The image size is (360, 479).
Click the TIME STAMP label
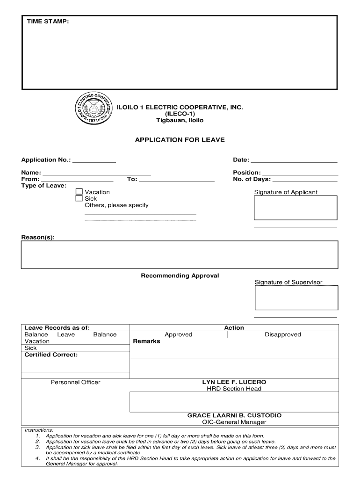click(47, 22)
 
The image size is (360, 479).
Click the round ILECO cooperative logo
click(94, 111)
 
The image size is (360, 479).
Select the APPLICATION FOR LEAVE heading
click(180, 140)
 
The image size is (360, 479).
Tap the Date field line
click(294, 161)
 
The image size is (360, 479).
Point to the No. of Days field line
click(305, 181)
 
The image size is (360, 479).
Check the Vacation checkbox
click(79, 192)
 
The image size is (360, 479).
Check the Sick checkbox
click(79, 198)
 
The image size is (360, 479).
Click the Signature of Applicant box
click(295, 208)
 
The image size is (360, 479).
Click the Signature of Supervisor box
click(296, 298)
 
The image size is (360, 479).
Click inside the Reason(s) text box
click(180, 254)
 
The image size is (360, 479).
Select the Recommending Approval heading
click(180, 276)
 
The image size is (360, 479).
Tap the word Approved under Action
click(178, 334)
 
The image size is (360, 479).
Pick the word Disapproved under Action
click(283, 334)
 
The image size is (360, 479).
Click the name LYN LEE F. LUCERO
click(234, 382)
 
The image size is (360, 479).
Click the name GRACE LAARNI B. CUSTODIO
click(234, 415)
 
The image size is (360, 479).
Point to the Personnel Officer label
click(75, 382)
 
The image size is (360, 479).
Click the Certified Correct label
click(51, 355)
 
